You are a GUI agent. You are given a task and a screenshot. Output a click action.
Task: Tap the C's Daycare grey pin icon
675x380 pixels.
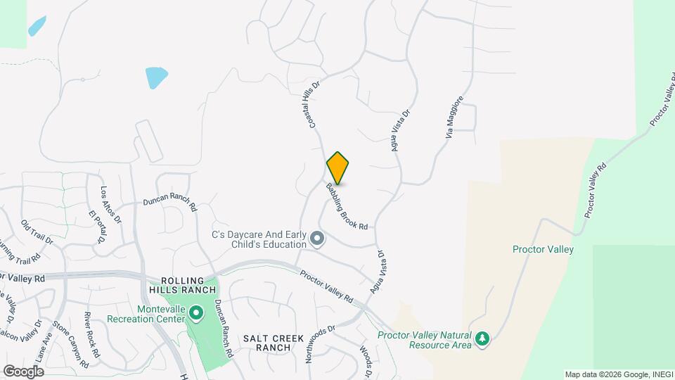[x=317, y=239]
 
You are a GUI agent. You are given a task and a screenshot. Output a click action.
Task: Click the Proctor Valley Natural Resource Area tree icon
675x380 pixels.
[x=482, y=340]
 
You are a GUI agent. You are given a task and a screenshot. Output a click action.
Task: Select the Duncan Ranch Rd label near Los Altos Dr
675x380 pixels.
[x=169, y=202]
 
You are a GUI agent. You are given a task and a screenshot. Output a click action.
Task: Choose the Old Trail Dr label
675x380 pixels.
[x=37, y=232]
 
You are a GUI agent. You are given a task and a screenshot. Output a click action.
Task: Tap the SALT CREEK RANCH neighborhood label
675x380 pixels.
[x=267, y=343]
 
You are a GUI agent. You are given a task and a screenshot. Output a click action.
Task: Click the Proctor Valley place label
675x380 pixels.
[x=543, y=249]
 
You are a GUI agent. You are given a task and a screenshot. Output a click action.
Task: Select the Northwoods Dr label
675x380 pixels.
[x=322, y=344]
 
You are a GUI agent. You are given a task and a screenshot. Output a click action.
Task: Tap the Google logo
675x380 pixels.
[x=23, y=371]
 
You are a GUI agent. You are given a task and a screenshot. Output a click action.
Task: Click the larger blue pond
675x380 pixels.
[x=156, y=77]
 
